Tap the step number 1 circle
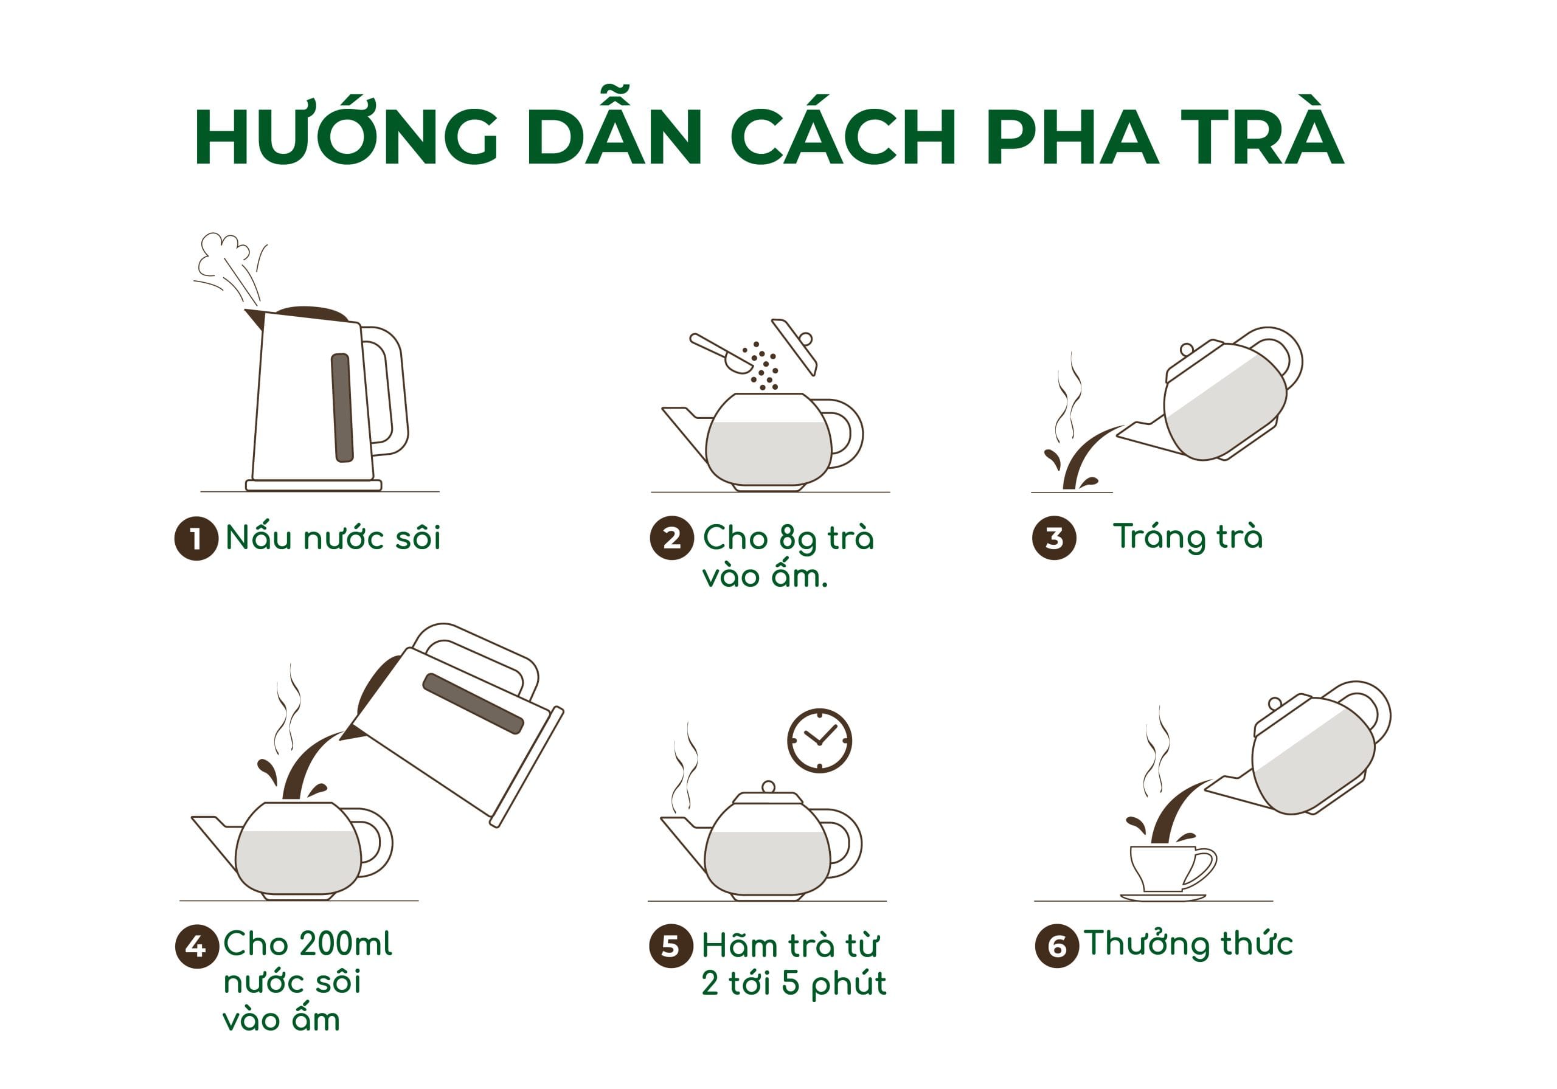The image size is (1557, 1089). pos(196,539)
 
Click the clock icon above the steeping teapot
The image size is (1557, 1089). pos(820,741)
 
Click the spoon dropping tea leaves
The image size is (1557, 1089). pos(720,353)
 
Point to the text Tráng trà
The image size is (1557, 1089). pos(1188,537)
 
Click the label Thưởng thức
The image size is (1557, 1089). pos(1188,944)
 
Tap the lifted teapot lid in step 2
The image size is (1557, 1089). pos(794,345)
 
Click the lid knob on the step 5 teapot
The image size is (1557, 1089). pos(768,787)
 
